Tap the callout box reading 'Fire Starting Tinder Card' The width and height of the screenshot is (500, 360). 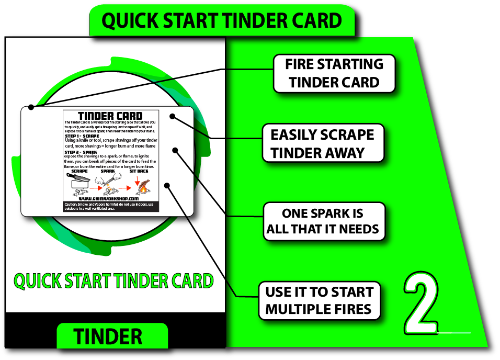334,74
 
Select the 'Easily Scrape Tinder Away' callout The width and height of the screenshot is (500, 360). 322,143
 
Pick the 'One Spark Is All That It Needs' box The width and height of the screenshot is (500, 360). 323,221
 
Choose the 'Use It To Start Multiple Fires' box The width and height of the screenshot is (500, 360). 319,300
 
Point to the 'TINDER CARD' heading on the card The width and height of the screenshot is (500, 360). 110,116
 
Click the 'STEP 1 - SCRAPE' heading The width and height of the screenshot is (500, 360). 82,136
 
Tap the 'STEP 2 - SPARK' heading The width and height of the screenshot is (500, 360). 81,152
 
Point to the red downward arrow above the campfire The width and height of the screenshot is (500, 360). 137,178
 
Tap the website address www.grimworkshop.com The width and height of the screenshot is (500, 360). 109,199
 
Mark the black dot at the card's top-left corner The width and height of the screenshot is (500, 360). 31,107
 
